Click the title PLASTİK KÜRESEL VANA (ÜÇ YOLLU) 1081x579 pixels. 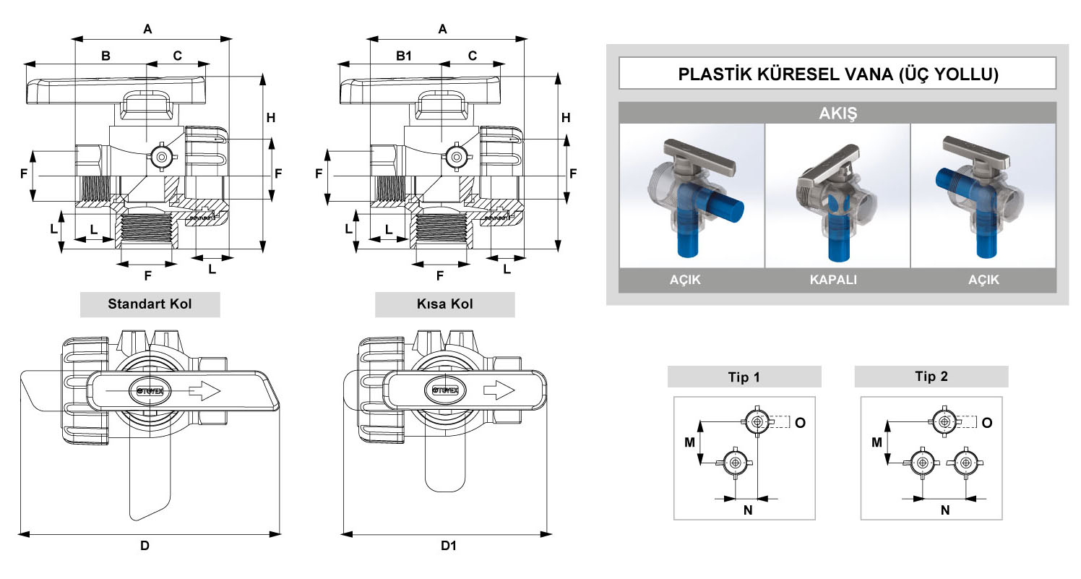(837, 74)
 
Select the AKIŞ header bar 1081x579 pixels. (837, 113)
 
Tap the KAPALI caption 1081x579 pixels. (837, 280)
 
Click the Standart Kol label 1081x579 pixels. (150, 304)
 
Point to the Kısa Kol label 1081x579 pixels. (444, 304)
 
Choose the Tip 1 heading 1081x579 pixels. (744, 377)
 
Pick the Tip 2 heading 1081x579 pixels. (931, 376)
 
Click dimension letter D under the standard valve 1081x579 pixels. (145, 546)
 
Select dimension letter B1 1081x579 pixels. (404, 56)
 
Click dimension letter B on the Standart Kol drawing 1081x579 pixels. (105, 56)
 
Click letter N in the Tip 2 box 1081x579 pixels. (944, 510)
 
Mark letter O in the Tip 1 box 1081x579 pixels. (800, 422)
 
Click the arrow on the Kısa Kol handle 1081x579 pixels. (499, 390)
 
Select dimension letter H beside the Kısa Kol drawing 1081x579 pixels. (567, 117)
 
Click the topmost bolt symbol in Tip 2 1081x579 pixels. (943, 421)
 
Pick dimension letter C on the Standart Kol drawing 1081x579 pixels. (178, 56)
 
